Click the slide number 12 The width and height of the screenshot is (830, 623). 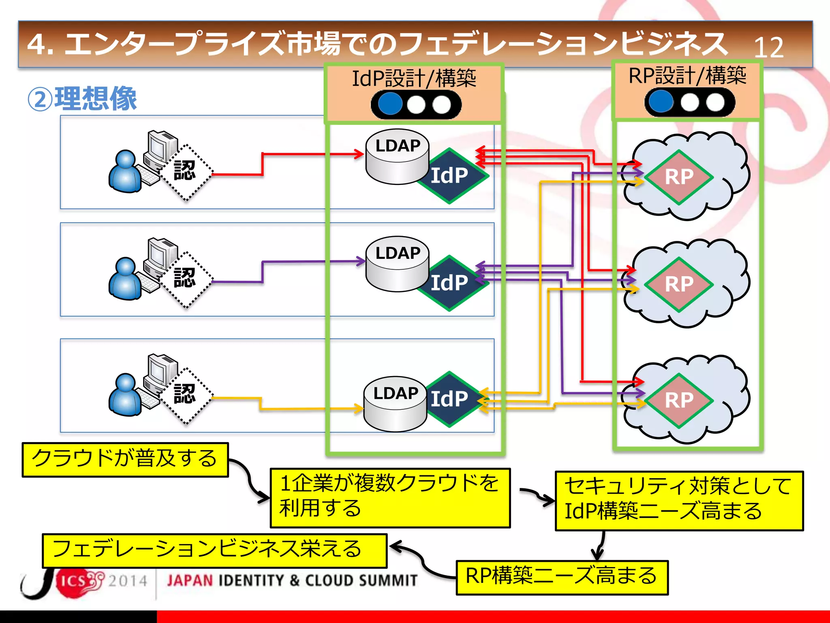coord(768,48)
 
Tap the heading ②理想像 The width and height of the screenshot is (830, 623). coord(82,99)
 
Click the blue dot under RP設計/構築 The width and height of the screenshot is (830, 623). coord(661,101)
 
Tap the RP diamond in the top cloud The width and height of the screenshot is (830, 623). coord(679,177)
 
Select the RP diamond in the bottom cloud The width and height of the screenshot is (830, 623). coord(679,400)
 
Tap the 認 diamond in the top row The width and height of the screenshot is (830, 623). coord(186,172)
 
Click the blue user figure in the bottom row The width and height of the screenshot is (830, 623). coord(125,395)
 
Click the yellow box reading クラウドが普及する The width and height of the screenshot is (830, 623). coord(125,459)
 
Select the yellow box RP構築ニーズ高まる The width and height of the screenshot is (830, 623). coord(562,577)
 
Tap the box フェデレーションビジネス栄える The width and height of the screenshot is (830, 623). coord(214,550)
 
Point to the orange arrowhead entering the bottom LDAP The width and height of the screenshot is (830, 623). coord(358,409)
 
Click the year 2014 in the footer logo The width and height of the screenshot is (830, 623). coord(127,581)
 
